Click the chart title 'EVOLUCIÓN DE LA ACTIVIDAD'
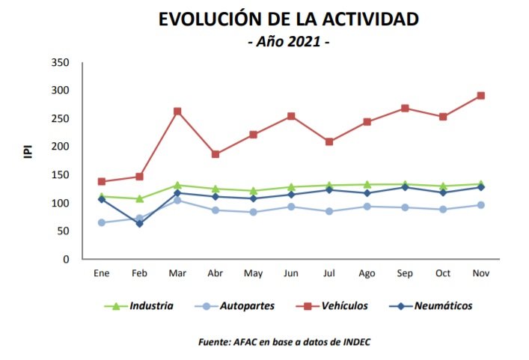tap(288, 20)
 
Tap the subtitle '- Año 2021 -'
tap(288, 43)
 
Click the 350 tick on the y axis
tap(61, 62)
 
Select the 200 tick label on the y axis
tap(61, 147)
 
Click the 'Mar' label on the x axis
tap(177, 274)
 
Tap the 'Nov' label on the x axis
tap(481, 274)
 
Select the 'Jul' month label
tap(329, 274)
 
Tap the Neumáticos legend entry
tap(441, 305)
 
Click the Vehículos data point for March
tap(177, 112)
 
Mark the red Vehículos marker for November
tap(481, 96)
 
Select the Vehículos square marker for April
tap(215, 154)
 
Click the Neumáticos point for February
tap(139, 224)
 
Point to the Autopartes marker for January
tap(101, 222)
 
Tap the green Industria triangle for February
tap(139, 199)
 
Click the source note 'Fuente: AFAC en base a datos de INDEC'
tap(284, 342)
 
